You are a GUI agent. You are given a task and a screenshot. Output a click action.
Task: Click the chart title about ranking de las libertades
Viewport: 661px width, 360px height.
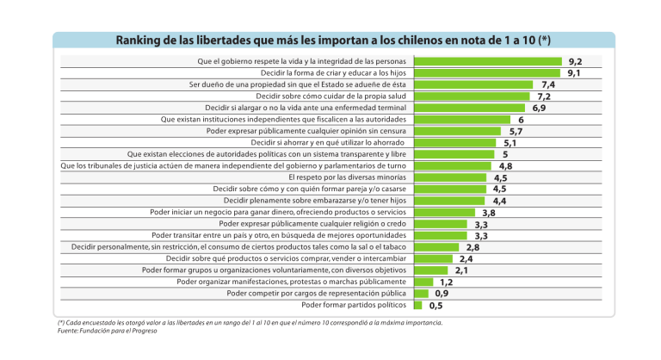[x=334, y=40]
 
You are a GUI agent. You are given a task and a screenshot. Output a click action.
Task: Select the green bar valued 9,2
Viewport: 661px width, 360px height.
[x=488, y=62]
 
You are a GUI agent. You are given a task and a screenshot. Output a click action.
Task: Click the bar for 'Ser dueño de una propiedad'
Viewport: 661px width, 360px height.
[x=474, y=85]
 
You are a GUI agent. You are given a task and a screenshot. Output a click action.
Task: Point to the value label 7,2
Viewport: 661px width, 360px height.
[x=543, y=97]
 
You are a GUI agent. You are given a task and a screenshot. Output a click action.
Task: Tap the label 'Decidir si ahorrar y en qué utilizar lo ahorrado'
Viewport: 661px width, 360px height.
[x=328, y=143]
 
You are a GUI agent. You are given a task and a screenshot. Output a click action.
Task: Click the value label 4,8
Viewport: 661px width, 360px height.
[x=505, y=166]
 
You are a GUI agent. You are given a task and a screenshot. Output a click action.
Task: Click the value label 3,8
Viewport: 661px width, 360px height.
[x=488, y=213]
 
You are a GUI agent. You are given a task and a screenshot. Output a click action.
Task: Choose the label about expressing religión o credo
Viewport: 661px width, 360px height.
[x=313, y=224]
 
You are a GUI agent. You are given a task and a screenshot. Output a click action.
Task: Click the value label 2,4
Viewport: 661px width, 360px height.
[x=466, y=258]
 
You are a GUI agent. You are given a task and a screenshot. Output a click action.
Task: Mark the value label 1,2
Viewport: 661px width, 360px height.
[x=446, y=282]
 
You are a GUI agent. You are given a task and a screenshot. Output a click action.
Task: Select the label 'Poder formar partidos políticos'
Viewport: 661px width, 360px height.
[x=355, y=305]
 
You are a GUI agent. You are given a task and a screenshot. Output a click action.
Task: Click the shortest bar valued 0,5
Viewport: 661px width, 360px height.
[x=418, y=305]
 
